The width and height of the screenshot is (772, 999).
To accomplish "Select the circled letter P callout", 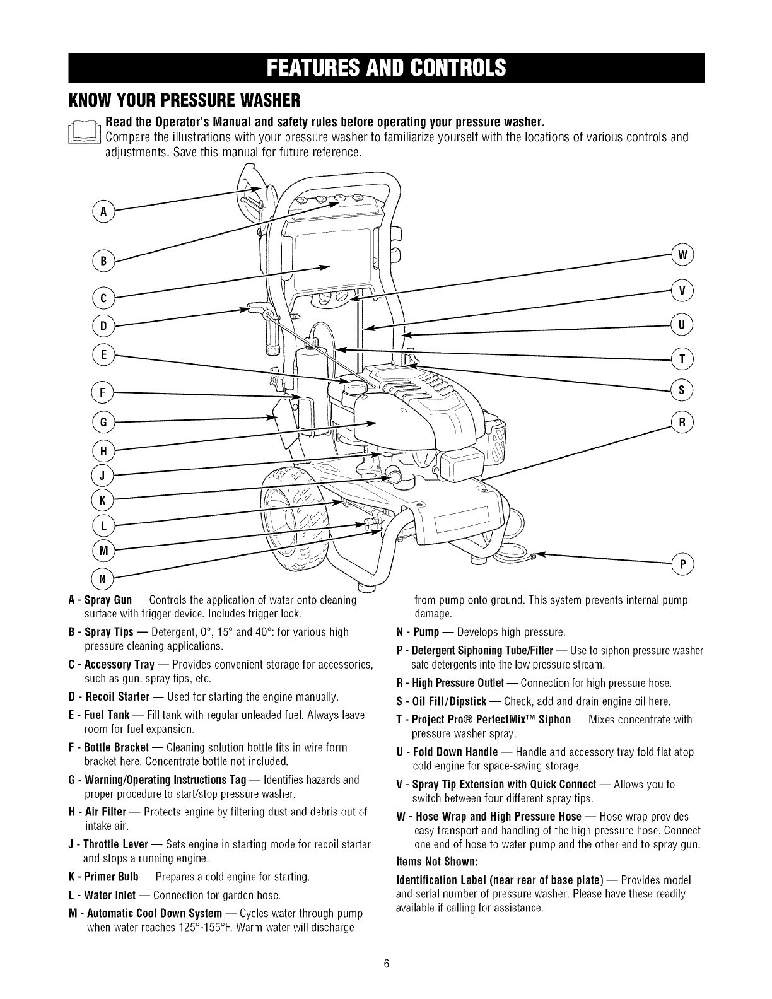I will [682, 563].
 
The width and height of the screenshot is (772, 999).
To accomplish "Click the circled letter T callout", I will [682, 358].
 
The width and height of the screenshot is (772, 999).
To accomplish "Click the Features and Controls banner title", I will [386, 66].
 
